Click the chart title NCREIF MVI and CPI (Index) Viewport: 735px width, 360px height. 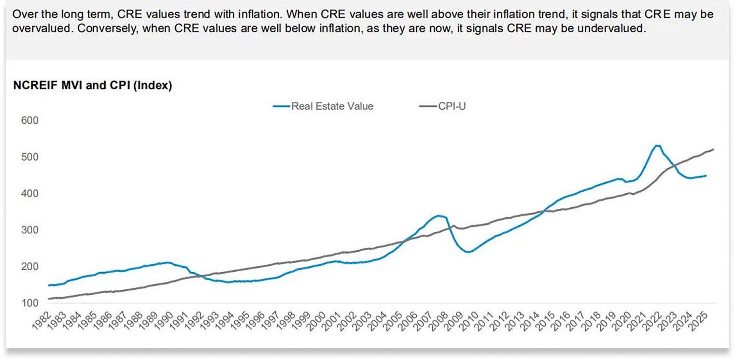tap(93, 86)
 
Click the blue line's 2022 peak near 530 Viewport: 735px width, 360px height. tap(657, 145)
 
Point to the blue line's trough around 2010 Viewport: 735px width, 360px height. tap(469, 252)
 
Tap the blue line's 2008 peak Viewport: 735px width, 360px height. tap(439, 216)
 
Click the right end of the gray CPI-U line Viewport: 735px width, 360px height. tap(714, 149)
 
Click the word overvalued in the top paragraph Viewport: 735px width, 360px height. tap(35, 28)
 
